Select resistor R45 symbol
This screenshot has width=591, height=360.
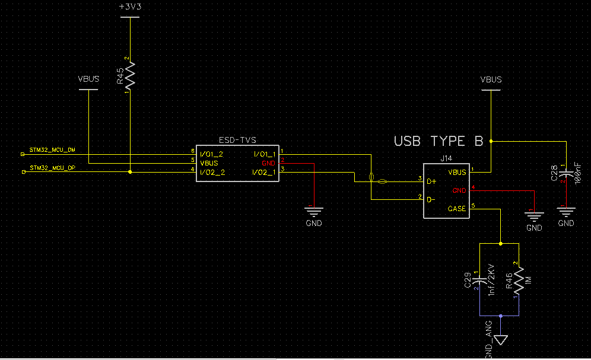[129, 76]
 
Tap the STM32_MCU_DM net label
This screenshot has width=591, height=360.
[52, 150]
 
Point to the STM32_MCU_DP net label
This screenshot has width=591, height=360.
[52, 168]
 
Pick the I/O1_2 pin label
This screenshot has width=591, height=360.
[212, 154]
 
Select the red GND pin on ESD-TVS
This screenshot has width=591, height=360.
[269, 163]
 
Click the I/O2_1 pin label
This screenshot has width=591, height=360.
[263, 172]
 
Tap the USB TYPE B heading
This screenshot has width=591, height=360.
[439, 141]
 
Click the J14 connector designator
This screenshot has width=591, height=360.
[446, 159]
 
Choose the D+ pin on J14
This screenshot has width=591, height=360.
[432, 180]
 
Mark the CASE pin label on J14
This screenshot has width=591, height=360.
[457, 209]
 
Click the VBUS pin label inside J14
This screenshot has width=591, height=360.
[457, 172]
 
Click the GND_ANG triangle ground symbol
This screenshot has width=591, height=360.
[501, 339]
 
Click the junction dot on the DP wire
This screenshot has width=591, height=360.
[130, 172]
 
